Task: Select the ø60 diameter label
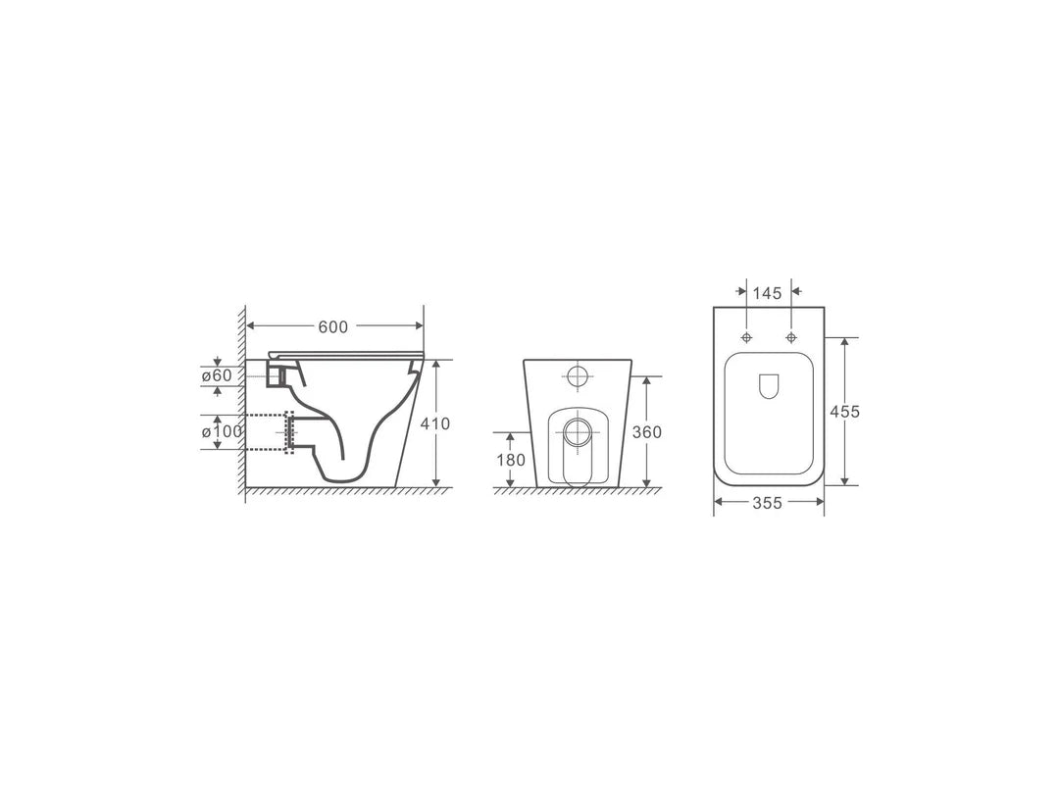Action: (217, 375)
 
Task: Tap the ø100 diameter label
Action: (221, 432)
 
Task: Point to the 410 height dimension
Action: (434, 423)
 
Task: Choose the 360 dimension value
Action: (646, 431)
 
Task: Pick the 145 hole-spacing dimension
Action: (767, 292)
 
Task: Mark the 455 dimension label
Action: (844, 412)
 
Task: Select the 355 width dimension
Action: (767, 503)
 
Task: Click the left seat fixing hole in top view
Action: (747, 338)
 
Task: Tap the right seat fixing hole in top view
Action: (791, 338)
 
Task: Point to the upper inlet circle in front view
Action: (579, 376)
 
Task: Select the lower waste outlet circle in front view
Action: (578, 431)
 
